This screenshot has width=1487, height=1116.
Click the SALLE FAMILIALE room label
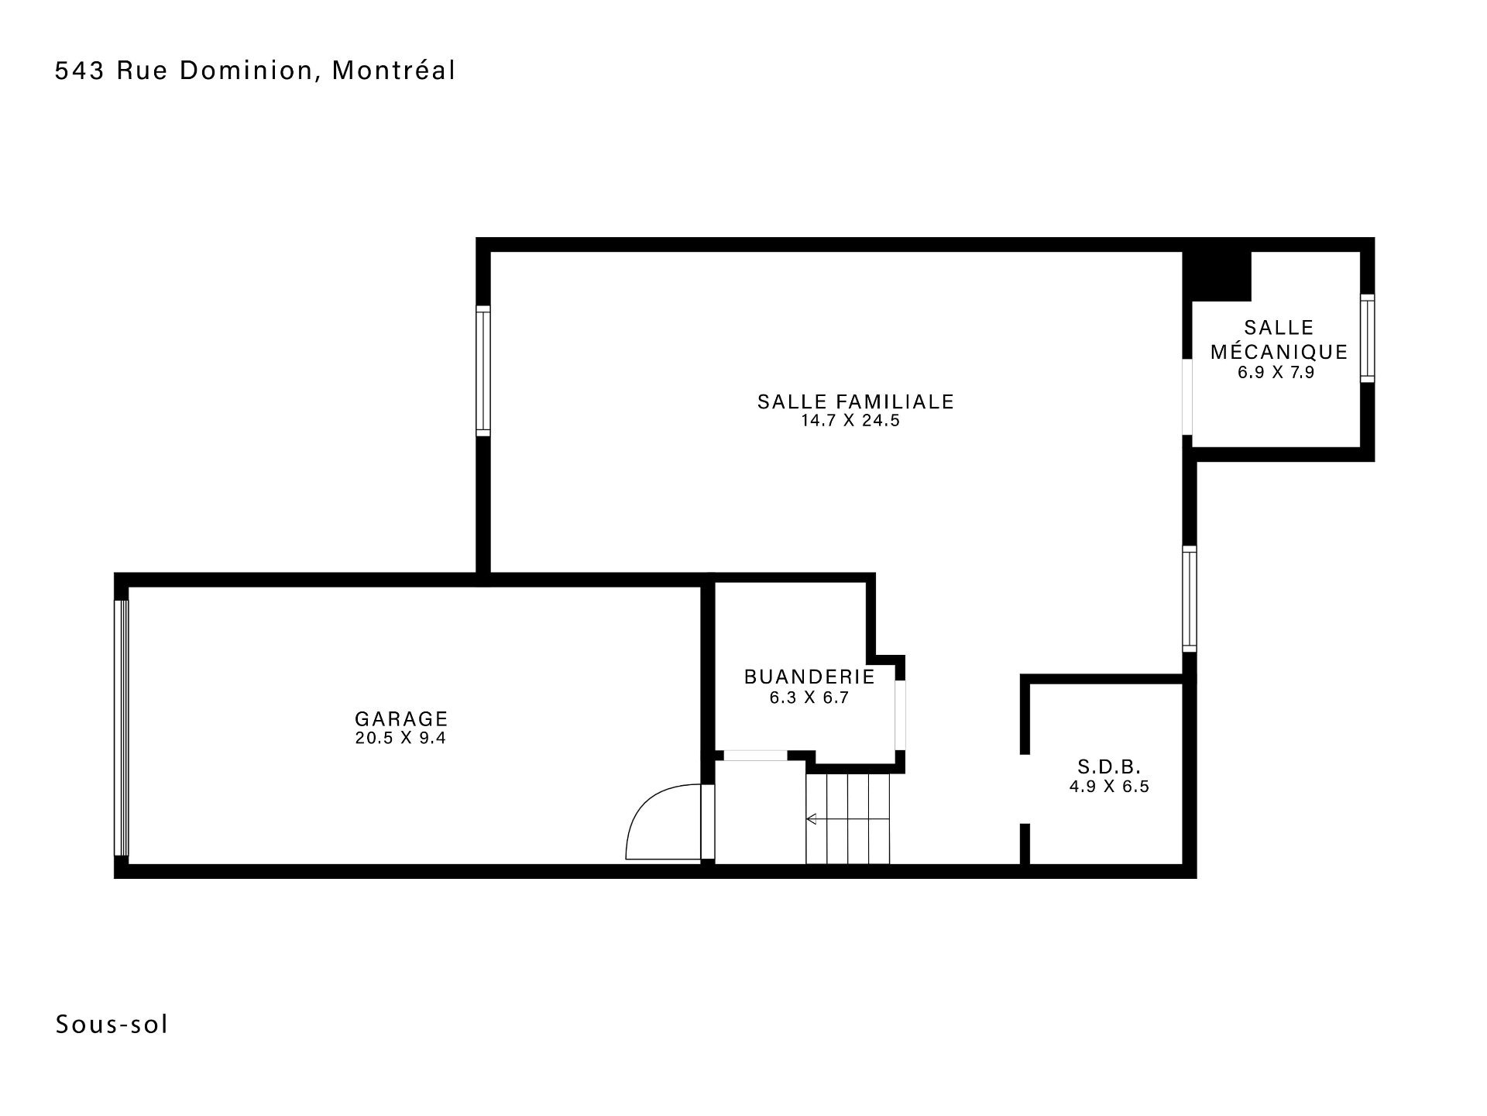(x=855, y=401)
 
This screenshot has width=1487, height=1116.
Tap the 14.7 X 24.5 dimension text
(x=850, y=422)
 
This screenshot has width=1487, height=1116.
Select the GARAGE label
(x=401, y=718)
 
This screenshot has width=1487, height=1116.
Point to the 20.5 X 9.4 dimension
(x=400, y=738)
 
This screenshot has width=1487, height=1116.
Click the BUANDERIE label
(x=809, y=677)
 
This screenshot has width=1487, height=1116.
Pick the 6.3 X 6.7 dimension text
(x=809, y=697)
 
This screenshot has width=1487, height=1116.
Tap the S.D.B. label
(x=1109, y=767)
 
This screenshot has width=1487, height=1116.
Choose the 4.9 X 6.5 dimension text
(x=1109, y=787)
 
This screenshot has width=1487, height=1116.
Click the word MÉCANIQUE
(x=1279, y=351)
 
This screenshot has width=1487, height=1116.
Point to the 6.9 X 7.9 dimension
(x=1276, y=372)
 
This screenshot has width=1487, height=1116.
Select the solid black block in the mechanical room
(x=1217, y=275)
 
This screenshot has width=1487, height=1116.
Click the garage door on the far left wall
(x=122, y=728)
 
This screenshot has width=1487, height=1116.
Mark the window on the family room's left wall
(x=483, y=370)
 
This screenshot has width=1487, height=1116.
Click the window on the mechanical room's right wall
(x=1368, y=338)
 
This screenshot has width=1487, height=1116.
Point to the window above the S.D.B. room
(x=1190, y=599)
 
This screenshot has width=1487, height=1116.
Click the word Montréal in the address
(x=393, y=71)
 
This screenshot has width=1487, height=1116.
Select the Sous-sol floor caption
(x=112, y=1025)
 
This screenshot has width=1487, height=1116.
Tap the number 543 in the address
(x=80, y=71)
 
